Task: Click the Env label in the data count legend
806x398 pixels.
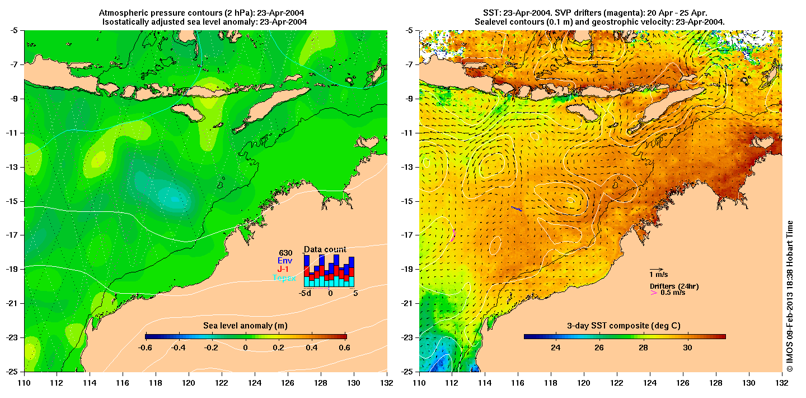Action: (x=285, y=261)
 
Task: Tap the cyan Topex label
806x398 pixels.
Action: (x=284, y=278)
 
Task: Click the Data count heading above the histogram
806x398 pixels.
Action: (x=325, y=249)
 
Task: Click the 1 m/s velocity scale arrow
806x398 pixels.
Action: (x=657, y=269)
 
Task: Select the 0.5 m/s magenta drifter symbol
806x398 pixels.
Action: (x=653, y=292)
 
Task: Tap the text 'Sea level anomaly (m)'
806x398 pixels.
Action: (x=245, y=326)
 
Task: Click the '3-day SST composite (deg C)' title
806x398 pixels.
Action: (x=624, y=326)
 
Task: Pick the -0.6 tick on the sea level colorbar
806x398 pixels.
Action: (x=146, y=348)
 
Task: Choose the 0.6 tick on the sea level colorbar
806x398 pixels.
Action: (x=344, y=348)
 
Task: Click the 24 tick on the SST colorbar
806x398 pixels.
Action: (x=555, y=348)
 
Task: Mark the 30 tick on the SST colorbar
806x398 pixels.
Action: (x=687, y=348)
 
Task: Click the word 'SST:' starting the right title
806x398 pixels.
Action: (x=491, y=12)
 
